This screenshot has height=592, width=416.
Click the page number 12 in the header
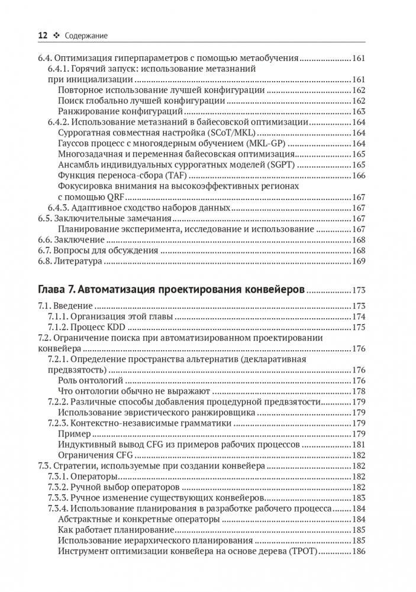click(x=43, y=35)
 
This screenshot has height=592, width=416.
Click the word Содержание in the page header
click(x=86, y=36)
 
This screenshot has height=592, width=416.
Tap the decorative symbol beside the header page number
click(x=57, y=36)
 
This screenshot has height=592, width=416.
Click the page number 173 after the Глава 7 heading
click(x=359, y=290)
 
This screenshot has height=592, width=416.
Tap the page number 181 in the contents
click(x=359, y=444)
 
